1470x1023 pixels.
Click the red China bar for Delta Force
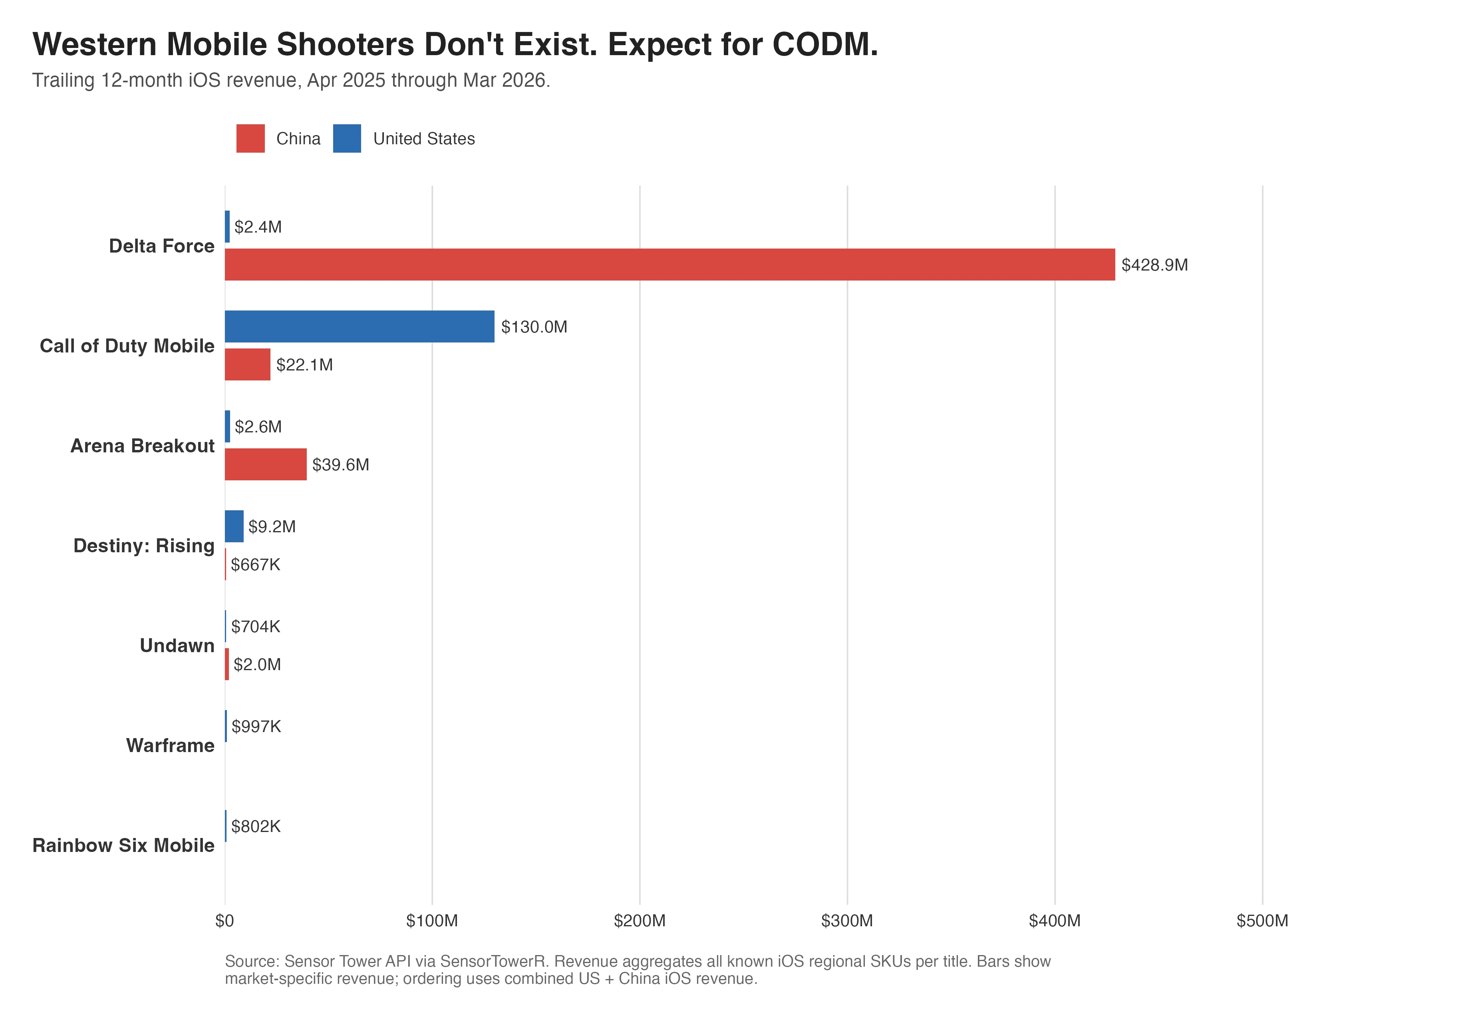coord(669,265)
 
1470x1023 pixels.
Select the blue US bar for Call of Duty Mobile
coord(359,327)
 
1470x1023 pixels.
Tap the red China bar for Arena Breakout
coord(266,464)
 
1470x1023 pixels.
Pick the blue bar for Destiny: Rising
coord(234,527)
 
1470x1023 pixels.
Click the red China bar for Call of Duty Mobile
coord(248,364)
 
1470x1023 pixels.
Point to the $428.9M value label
coord(1154,265)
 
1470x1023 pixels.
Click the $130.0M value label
coord(534,327)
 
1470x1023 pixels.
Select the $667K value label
coord(256,565)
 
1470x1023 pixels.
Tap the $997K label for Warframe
coord(256,726)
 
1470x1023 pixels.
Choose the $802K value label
coord(256,826)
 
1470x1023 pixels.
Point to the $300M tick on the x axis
coord(847,921)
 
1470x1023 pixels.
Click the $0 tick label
coord(225,921)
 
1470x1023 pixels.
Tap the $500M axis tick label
coord(1262,921)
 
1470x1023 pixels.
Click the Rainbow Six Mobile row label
coord(123,846)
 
